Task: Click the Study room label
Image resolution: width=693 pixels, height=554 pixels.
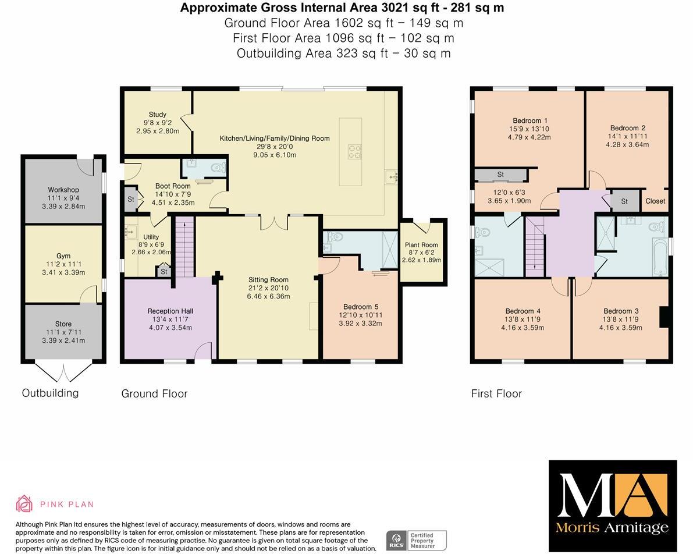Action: pyautogui.click(x=157, y=115)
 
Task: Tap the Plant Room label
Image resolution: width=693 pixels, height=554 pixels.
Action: pyautogui.click(x=421, y=245)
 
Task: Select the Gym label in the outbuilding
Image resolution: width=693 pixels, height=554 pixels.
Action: pyautogui.click(x=63, y=256)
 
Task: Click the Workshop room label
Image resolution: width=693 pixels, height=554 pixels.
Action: pyautogui.click(x=63, y=190)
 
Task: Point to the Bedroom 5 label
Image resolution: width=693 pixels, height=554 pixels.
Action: pyautogui.click(x=357, y=307)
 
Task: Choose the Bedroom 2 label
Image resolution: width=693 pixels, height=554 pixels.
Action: pyautogui.click(x=627, y=128)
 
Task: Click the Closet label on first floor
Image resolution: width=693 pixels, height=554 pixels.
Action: pyautogui.click(x=655, y=201)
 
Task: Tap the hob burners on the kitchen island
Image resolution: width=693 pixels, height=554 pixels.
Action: pyautogui.click(x=354, y=151)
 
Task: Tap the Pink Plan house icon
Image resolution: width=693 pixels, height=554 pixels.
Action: pyautogui.click(x=24, y=504)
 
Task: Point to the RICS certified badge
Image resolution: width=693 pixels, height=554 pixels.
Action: pyautogui.click(x=417, y=539)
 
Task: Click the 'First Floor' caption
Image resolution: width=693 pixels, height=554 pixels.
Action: pyautogui.click(x=496, y=394)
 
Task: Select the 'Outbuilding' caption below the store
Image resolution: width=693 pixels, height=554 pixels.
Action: pyautogui.click(x=50, y=393)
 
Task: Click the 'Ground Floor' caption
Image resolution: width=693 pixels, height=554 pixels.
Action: pyautogui.click(x=154, y=394)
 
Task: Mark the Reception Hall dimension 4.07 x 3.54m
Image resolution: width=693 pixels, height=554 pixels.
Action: pyautogui.click(x=170, y=328)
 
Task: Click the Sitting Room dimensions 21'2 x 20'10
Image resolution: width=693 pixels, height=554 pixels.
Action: pyautogui.click(x=268, y=288)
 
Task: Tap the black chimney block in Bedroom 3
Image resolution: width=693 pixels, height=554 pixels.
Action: pyautogui.click(x=663, y=318)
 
